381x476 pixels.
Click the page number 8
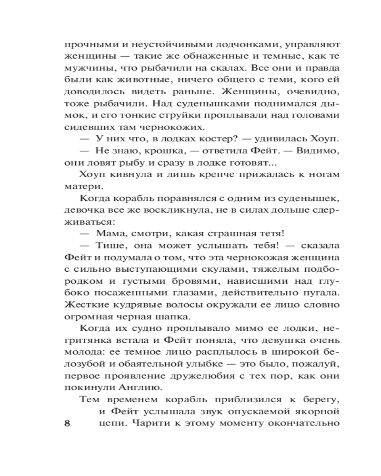[67, 424]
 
